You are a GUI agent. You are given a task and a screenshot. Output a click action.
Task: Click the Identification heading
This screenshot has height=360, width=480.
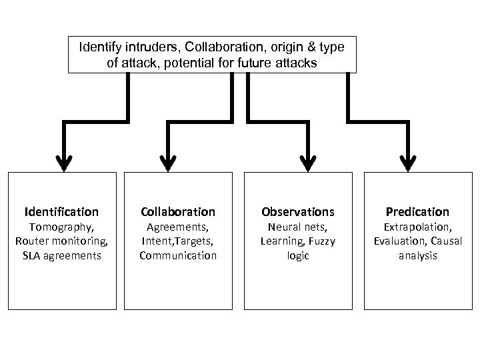[61, 212]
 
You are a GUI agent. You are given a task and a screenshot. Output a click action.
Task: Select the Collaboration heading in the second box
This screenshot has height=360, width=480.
[177, 212]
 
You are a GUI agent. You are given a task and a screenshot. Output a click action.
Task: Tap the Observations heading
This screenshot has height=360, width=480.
[298, 212]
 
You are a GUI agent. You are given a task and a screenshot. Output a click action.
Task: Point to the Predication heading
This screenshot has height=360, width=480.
[417, 212]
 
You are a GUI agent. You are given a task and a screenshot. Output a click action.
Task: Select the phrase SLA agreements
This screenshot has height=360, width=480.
[61, 255]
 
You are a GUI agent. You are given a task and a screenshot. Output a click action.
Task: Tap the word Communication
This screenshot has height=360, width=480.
[177, 255]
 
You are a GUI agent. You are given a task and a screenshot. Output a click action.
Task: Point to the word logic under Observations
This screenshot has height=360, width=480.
[298, 255]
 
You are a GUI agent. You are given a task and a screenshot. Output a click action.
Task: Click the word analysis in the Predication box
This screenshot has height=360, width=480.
[417, 255]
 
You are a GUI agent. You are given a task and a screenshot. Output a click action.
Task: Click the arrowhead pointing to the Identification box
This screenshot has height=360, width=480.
[64, 160]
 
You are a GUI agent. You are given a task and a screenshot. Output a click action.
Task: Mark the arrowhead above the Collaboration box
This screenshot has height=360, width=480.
[169, 160]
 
